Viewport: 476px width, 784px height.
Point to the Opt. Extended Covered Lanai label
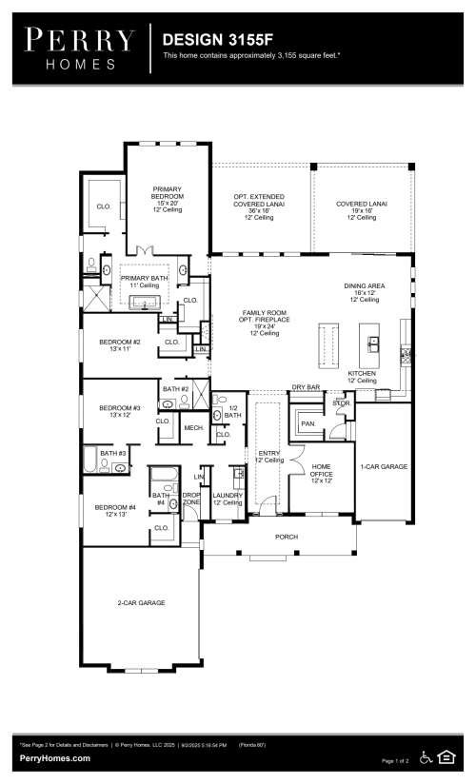(x=259, y=206)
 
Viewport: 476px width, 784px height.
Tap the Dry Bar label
(x=305, y=387)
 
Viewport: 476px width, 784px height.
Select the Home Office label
(x=321, y=473)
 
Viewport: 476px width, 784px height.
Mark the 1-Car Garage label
(x=382, y=466)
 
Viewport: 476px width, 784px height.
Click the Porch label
(x=287, y=537)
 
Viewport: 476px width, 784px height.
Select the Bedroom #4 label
(x=115, y=511)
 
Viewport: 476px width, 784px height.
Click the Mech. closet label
(x=194, y=428)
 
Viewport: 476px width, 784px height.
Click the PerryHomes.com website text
(x=55, y=758)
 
